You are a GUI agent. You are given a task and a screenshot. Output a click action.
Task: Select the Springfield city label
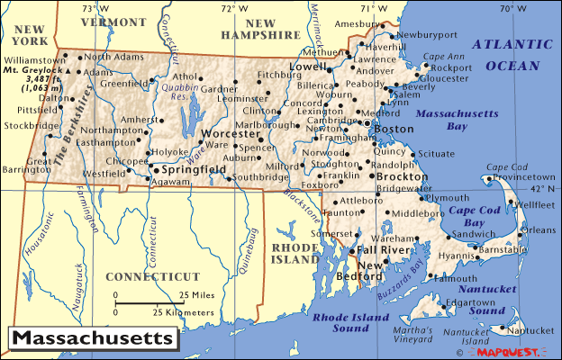[193, 168]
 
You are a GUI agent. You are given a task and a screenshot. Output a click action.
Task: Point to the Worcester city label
[236, 133]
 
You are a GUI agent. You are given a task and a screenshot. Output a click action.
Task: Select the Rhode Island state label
[295, 253]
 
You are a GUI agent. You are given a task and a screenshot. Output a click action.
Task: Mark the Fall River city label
[384, 249]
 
